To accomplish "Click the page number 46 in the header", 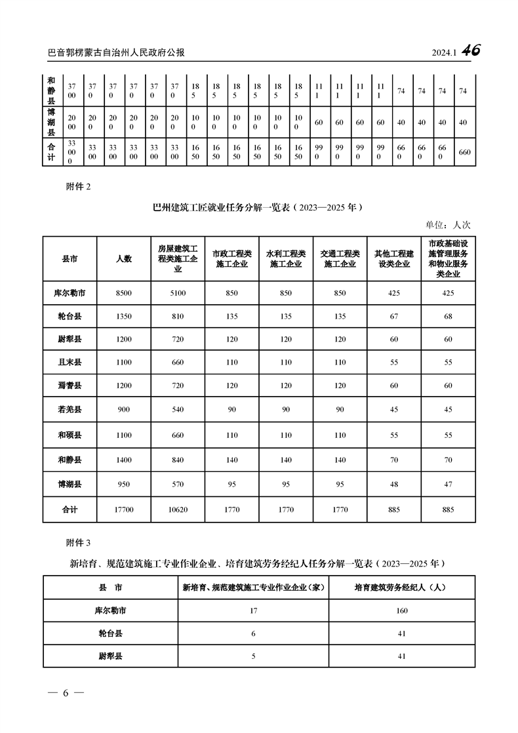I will pos(471,50).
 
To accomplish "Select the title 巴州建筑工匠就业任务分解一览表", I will pos(221,208).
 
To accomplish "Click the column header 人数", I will pos(124,259).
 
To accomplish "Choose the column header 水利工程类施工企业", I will pos(286,259).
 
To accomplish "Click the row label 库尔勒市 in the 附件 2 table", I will pos(70,293).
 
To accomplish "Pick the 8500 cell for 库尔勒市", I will pos(124,293).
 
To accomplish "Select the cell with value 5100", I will pos(178,293).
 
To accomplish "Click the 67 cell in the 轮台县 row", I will pos(394,316).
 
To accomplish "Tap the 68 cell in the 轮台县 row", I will pos(448,316).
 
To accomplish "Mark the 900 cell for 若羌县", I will pos(124,410).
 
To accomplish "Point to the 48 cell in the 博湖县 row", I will pos(394,485).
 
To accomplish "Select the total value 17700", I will pos(124,509).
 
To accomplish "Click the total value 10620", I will pos(178,509).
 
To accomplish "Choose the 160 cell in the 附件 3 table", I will pos(402,610).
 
